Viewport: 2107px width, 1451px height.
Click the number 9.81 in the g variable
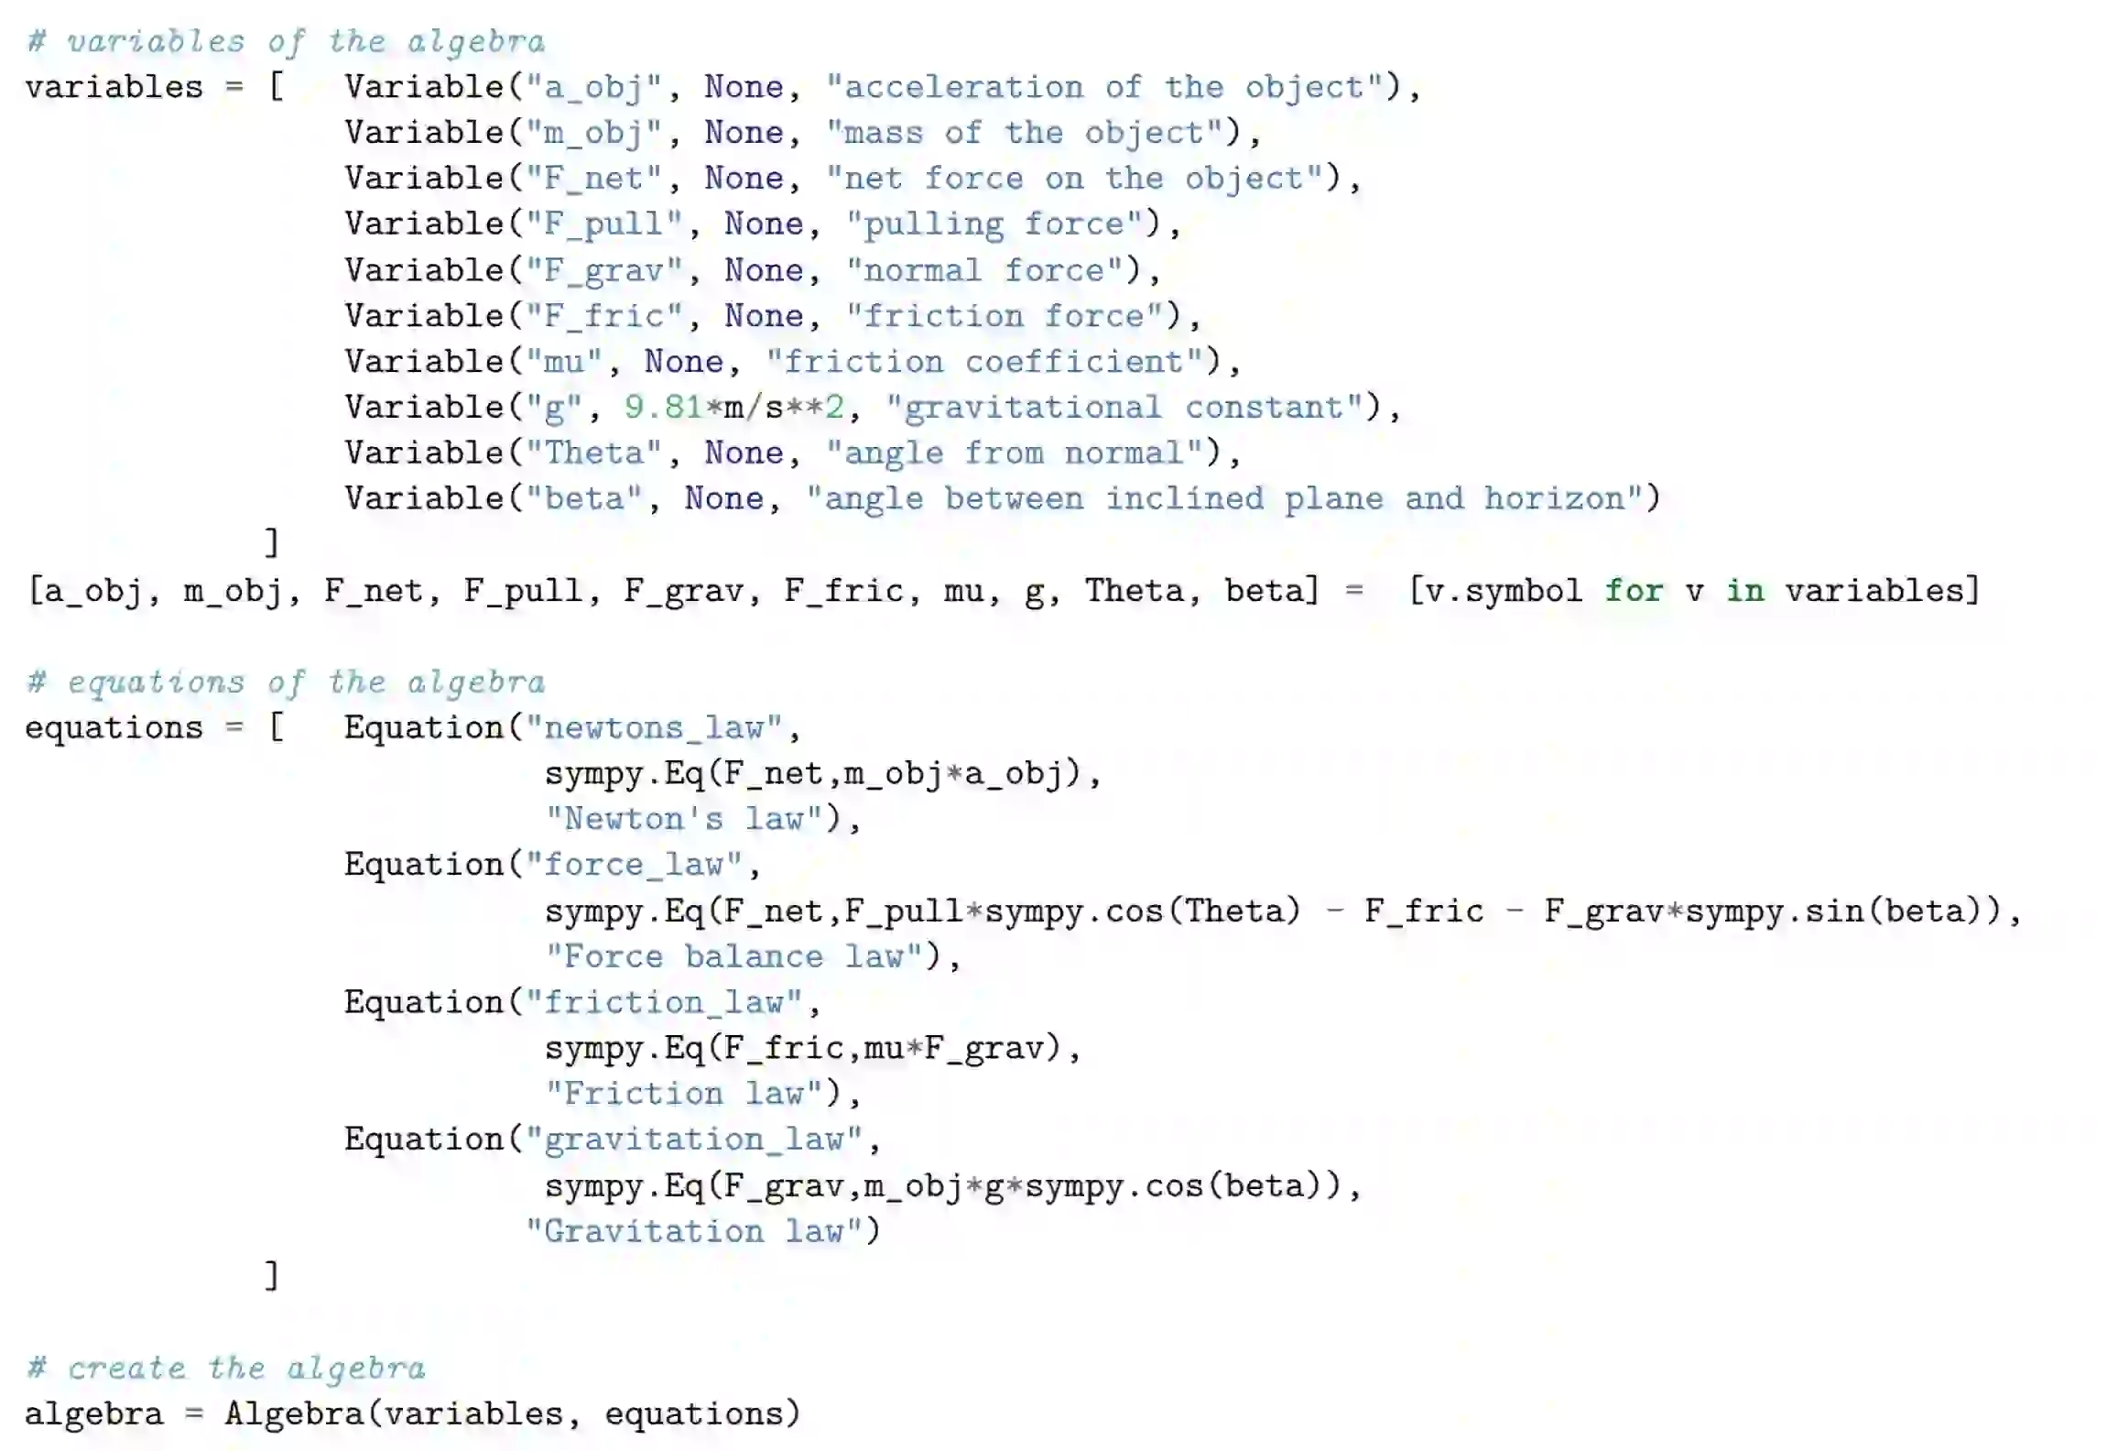click(x=663, y=407)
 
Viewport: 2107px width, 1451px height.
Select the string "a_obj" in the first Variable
click(x=593, y=87)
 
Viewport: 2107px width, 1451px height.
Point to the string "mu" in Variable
click(x=564, y=361)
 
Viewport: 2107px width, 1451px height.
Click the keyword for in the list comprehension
click(x=1634, y=590)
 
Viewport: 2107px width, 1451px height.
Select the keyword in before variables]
click(x=1744, y=590)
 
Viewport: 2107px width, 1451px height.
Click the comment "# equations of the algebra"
click(x=286, y=682)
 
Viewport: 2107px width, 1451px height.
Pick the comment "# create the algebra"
click(x=226, y=1368)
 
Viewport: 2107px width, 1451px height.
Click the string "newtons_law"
click(x=654, y=727)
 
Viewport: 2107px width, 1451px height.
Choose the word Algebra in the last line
click(x=295, y=1413)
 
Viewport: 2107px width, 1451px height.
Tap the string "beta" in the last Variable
click(x=583, y=498)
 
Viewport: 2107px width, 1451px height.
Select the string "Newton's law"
click(x=688, y=818)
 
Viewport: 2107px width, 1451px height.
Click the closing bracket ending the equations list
click(x=271, y=1275)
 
